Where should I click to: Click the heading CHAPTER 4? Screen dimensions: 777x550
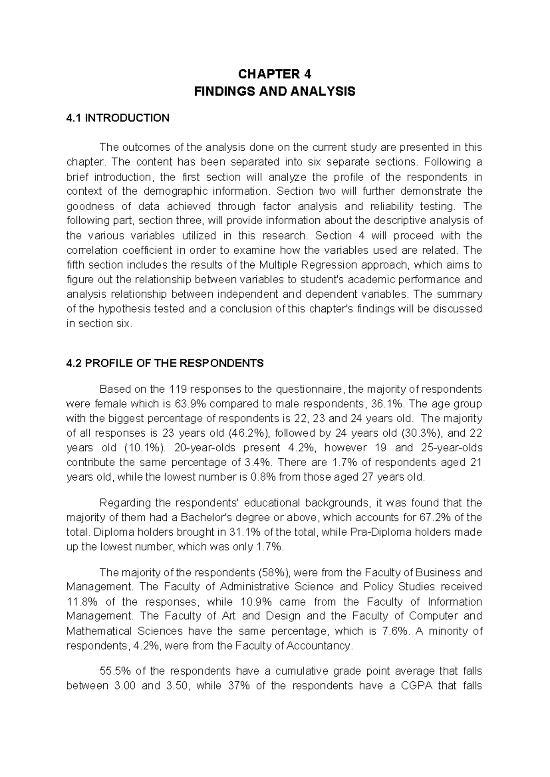point(275,74)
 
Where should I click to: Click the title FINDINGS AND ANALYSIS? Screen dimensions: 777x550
point(275,92)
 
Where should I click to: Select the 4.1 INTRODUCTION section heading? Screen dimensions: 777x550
point(118,118)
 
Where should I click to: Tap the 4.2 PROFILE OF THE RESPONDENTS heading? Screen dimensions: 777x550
point(165,363)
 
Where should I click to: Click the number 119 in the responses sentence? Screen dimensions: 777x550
point(178,389)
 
